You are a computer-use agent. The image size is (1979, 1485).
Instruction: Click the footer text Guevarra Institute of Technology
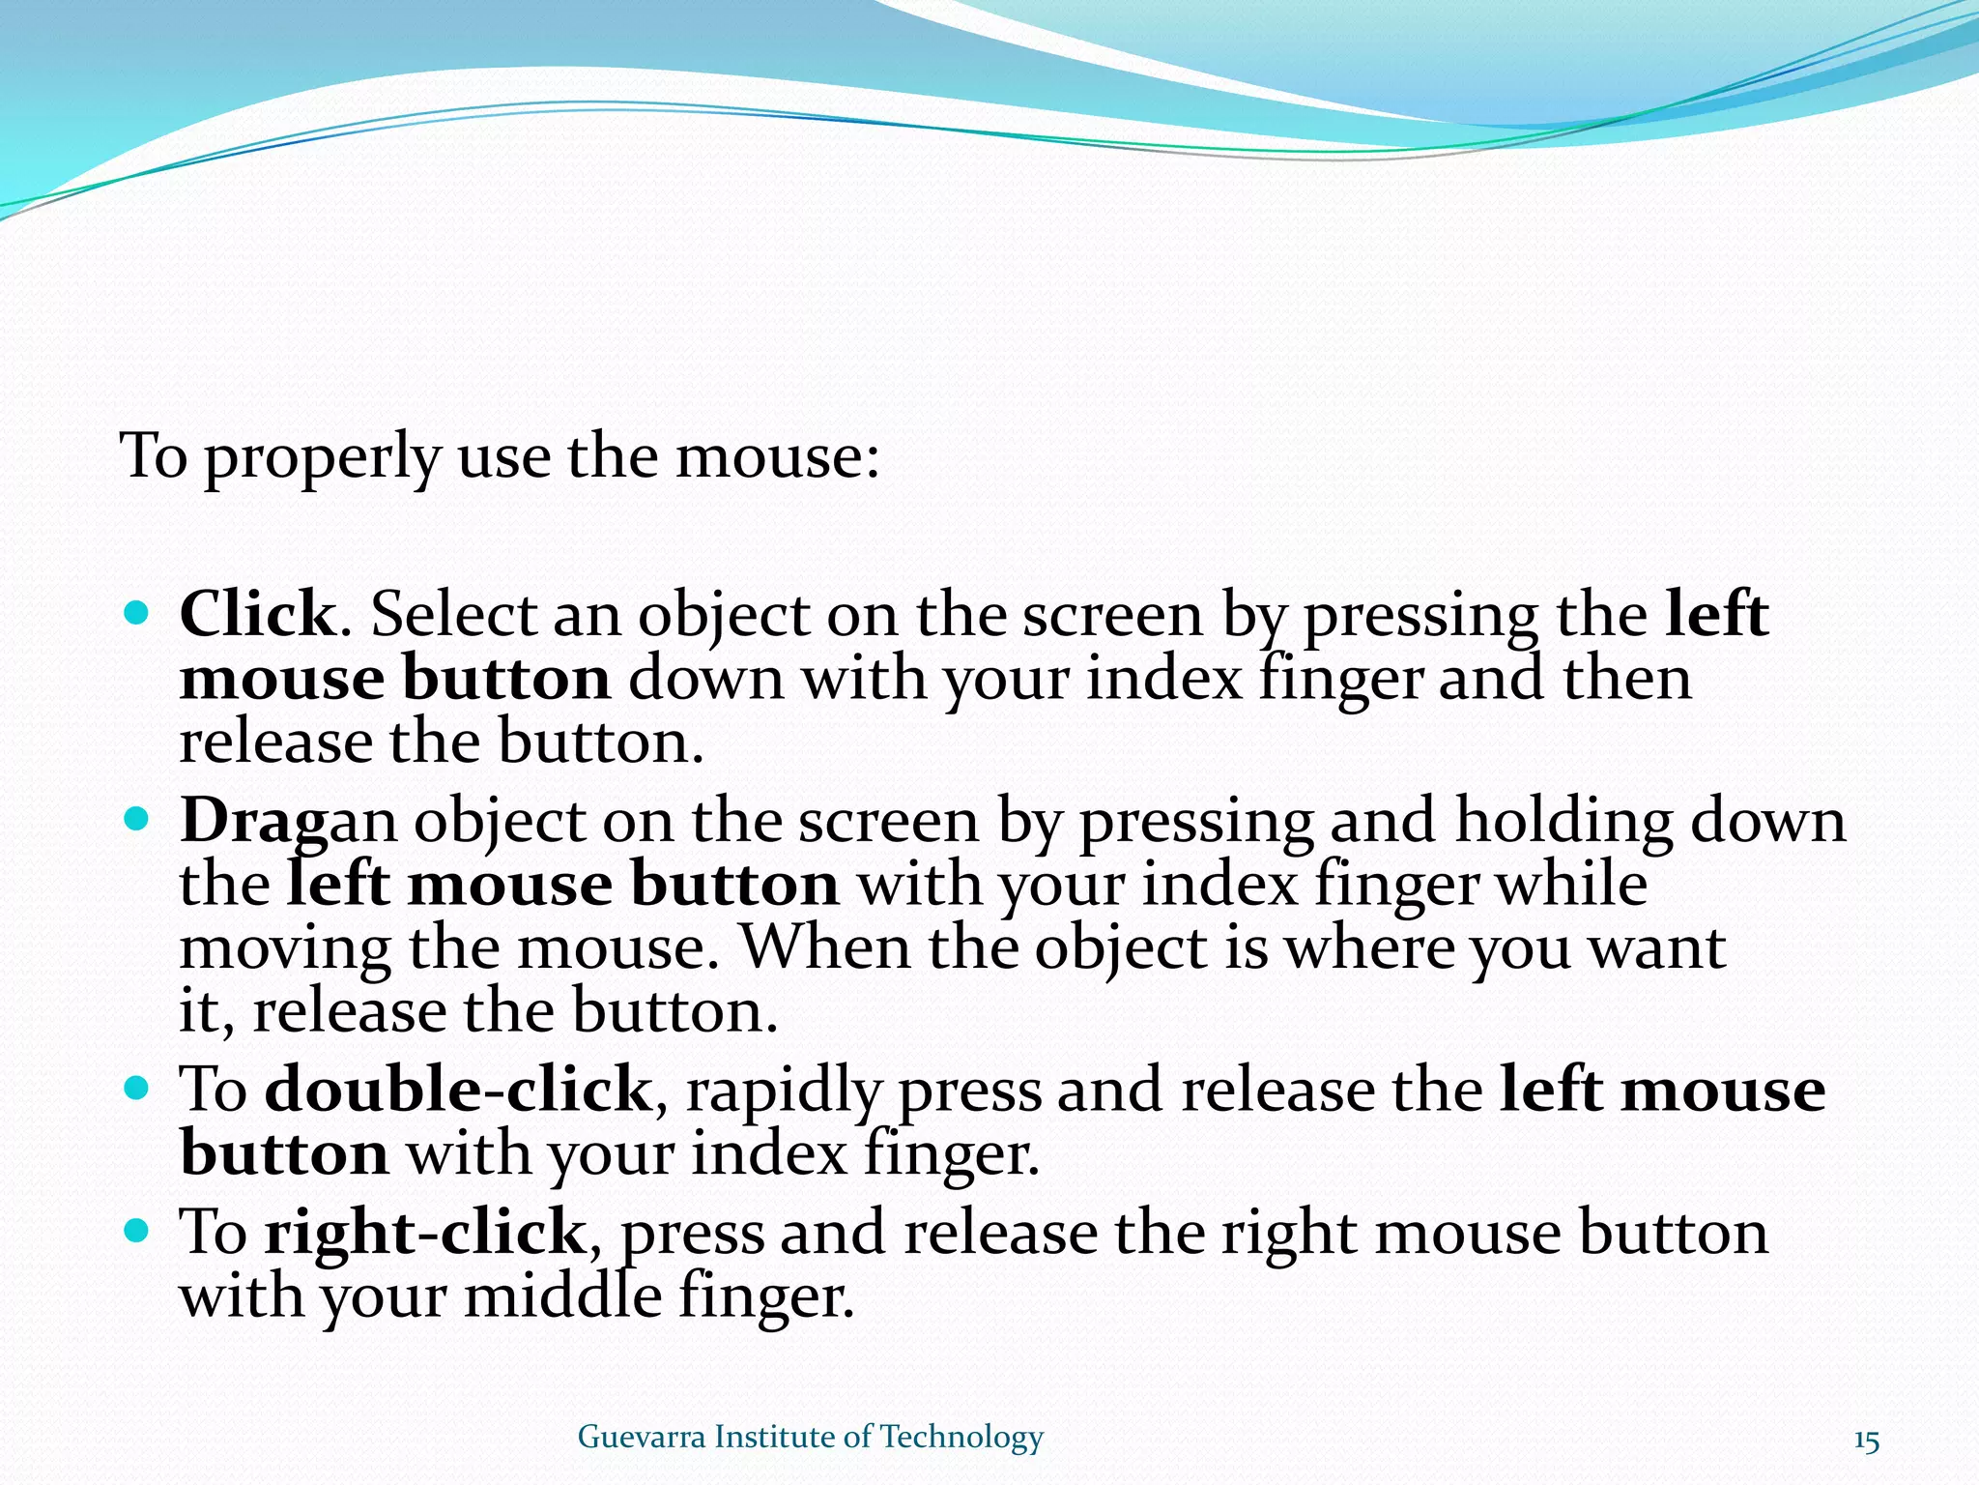[x=810, y=1437]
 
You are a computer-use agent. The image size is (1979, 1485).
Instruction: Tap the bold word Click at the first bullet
[x=257, y=614]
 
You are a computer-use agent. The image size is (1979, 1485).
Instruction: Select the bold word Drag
[x=254, y=822]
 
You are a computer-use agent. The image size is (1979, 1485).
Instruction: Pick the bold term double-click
[x=458, y=1091]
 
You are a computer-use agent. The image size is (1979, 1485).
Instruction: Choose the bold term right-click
[x=425, y=1233]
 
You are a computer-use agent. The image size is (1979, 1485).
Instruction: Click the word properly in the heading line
[x=322, y=457]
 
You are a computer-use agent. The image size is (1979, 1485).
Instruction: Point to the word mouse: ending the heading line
[x=777, y=457]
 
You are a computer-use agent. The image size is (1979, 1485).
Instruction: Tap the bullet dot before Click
[x=137, y=613]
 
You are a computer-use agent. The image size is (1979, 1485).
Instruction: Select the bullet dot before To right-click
[x=137, y=1231]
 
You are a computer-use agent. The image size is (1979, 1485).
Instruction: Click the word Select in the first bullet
[x=453, y=614]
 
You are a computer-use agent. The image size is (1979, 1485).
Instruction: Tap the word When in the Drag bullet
[x=824, y=948]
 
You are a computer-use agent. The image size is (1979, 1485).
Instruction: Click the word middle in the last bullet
[x=562, y=1297]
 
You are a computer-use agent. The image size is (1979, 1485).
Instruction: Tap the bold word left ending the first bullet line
[x=1717, y=614]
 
